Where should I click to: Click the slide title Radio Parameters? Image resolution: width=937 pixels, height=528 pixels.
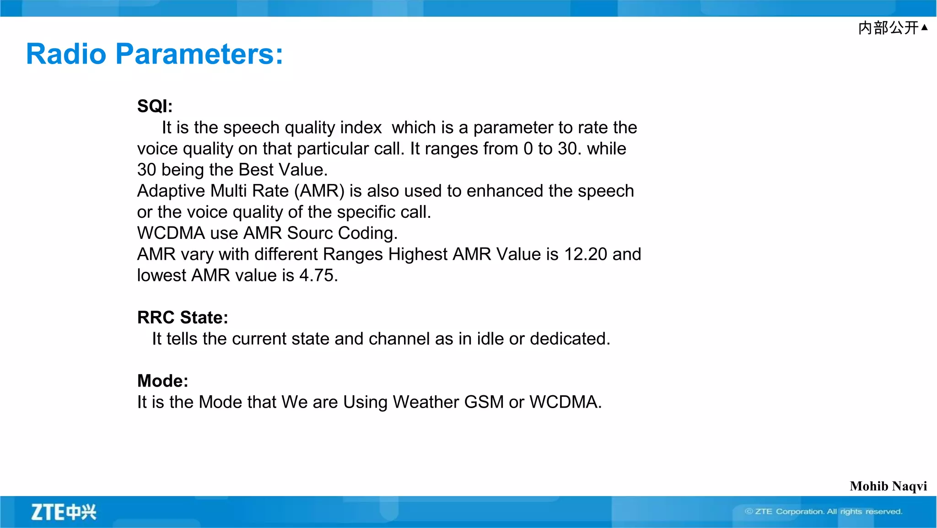(155, 54)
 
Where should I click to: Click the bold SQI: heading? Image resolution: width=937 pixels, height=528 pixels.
(155, 106)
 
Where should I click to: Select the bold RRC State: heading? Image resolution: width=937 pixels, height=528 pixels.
(183, 318)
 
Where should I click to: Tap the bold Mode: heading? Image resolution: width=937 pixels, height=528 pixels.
(162, 381)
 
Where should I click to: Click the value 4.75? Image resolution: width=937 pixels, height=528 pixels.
(318, 275)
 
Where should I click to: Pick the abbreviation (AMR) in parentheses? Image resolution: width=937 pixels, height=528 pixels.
(319, 191)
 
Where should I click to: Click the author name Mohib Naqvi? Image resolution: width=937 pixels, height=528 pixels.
(888, 486)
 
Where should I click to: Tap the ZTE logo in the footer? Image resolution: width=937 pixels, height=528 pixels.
(64, 512)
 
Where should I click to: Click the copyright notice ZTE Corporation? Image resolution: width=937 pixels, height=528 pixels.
(824, 512)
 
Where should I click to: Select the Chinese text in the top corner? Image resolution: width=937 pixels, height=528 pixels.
(888, 28)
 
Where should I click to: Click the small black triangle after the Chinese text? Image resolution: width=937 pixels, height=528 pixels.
(924, 27)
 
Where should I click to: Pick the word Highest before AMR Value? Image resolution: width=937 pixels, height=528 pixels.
(418, 254)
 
